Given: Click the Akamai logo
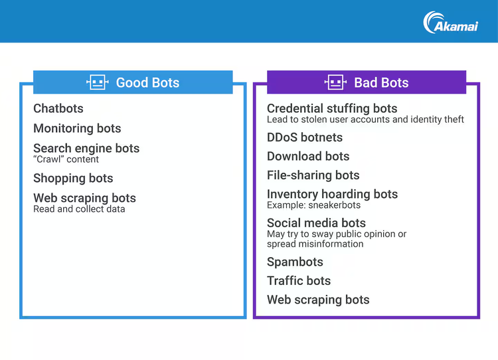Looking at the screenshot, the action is click(450, 23).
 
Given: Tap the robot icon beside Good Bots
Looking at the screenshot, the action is click(98, 82).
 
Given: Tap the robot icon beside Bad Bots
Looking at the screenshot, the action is click(335, 82).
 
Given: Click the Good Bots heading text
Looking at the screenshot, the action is click(147, 82).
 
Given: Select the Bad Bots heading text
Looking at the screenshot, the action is click(381, 82).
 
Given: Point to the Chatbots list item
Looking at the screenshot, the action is click(58, 108).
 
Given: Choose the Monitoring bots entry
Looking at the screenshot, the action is click(77, 128).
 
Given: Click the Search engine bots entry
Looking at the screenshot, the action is click(86, 148).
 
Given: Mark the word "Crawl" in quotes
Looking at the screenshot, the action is click(48, 159).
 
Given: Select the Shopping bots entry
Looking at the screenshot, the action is click(73, 178).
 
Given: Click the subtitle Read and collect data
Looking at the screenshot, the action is click(79, 209).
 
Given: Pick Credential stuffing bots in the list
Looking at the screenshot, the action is click(332, 109).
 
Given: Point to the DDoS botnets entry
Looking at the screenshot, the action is click(305, 137).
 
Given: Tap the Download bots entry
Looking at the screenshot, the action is click(308, 156).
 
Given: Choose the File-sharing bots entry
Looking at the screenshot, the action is click(313, 175).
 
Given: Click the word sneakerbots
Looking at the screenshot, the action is click(335, 205).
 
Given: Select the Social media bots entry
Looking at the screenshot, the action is click(316, 223).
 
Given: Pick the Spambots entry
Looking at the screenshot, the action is click(295, 262).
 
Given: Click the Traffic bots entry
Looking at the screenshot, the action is click(299, 281).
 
